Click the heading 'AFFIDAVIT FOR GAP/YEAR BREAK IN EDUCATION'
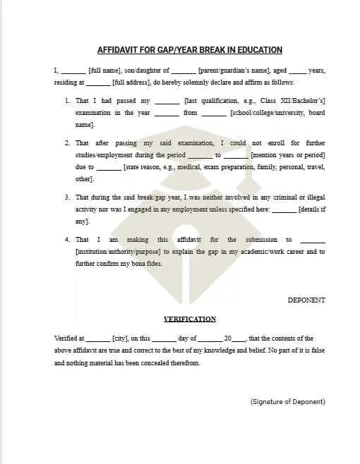pyautogui.click(x=189, y=50)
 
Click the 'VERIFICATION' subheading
pyautogui.click(x=189, y=319)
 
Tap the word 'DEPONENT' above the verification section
pyautogui.click(x=306, y=300)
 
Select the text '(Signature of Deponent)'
pyautogui.click(x=287, y=401)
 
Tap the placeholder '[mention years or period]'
pyautogui.click(x=288, y=154)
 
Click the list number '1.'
pyautogui.click(x=68, y=101)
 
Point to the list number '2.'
pyautogui.click(x=68, y=142)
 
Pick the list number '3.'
pyautogui.click(x=68, y=197)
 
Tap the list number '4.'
pyautogui.click(x=68, y=240)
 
